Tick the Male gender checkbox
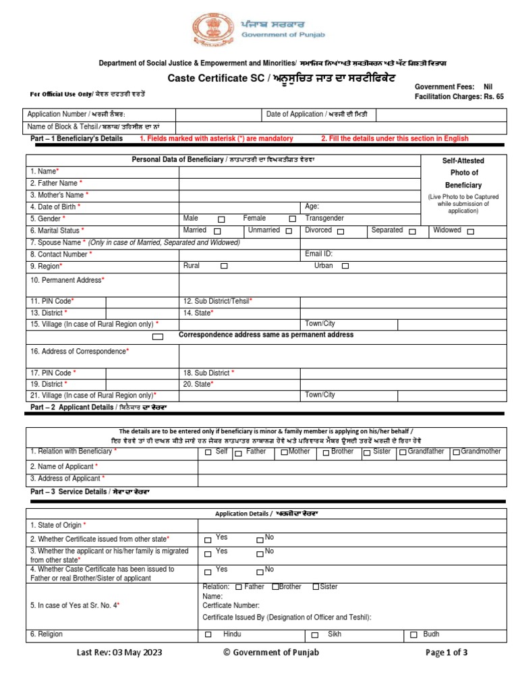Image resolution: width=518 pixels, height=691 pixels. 221,219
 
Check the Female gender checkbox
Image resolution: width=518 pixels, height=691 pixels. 292,219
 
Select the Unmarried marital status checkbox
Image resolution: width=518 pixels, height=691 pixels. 289,231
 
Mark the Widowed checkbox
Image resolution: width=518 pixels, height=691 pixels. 470,231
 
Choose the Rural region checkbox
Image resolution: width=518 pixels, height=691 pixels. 224,267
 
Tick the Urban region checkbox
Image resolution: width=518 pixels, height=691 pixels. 345,267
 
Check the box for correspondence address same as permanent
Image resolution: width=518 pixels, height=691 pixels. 158,336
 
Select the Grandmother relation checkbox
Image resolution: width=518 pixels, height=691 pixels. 456,452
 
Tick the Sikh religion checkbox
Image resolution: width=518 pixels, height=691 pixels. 315,636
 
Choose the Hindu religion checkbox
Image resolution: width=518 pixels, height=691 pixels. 208,635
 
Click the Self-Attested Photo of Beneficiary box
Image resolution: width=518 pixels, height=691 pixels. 463,186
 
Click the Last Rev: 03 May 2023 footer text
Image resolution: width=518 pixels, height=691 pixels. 119,653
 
